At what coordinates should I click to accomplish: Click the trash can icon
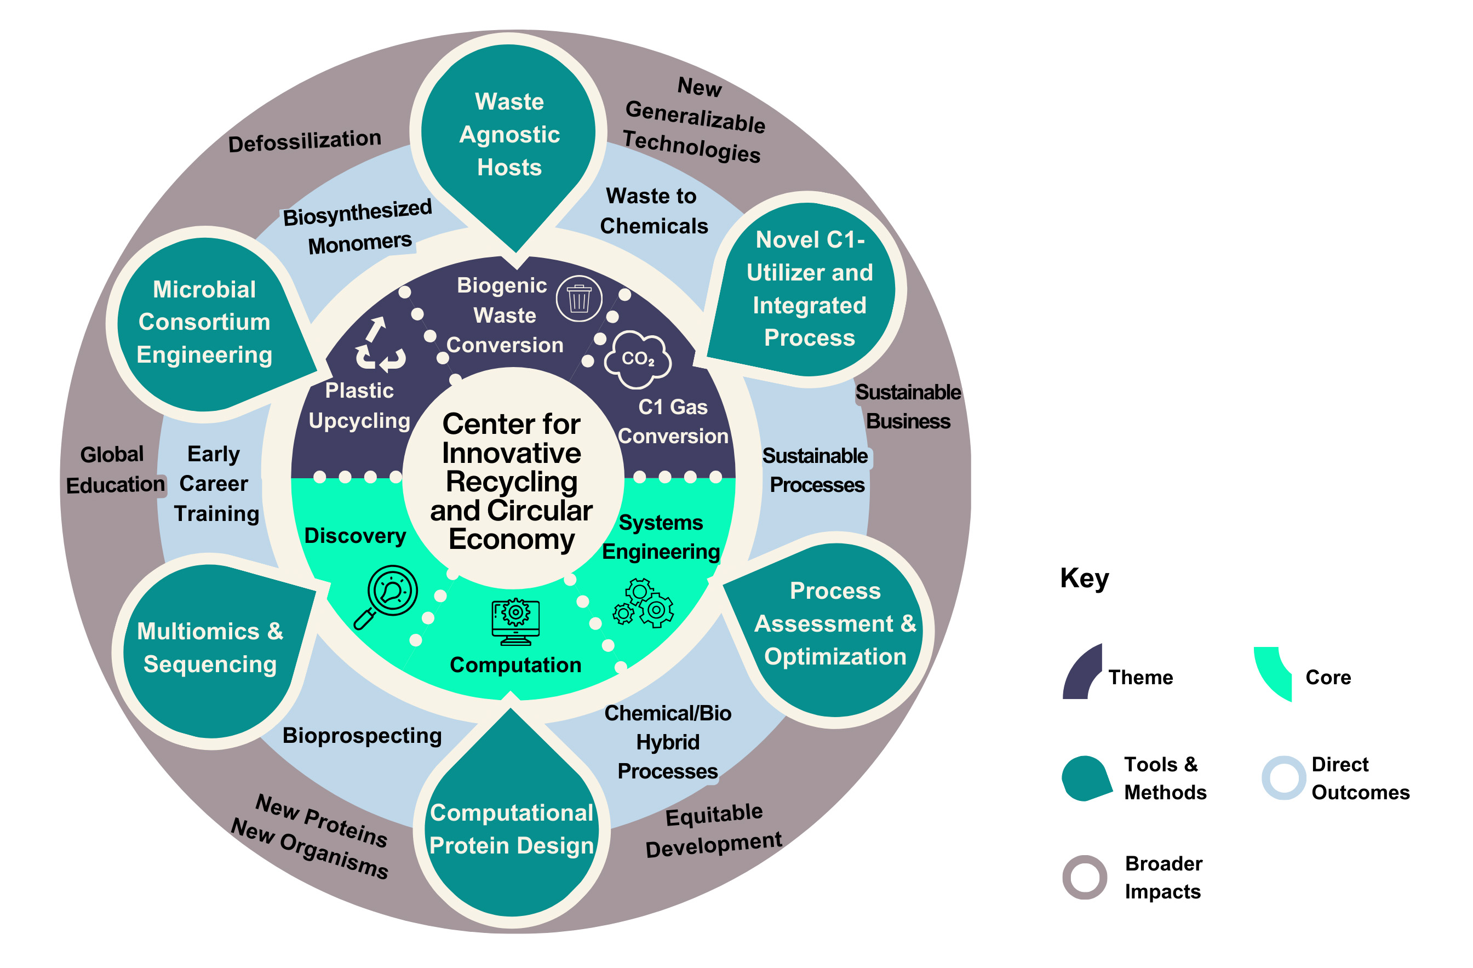point(578,299)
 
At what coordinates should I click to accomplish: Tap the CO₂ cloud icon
point(638,359)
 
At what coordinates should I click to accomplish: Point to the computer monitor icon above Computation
point(515,621)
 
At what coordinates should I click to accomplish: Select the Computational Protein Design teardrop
point(512,829)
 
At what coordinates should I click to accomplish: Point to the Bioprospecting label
point(362,735)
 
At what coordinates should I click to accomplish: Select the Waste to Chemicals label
point(653,211)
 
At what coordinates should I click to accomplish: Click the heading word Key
point(1084,578)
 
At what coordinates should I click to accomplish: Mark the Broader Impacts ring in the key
point(1084,877)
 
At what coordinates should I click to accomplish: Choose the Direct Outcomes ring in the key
point(1283,777)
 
